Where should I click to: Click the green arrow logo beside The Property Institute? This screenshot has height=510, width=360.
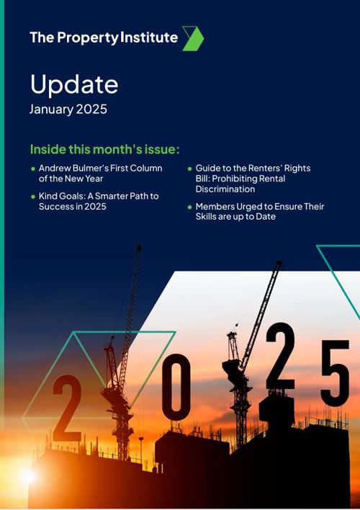(x=193, y=38)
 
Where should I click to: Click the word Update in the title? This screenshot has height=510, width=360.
(x=73, y=84)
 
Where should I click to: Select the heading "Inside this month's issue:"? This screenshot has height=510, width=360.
(x=104, y=149)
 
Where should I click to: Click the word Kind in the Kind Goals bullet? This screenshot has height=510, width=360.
(x=48, y=196)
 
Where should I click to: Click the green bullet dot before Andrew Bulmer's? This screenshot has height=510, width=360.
(x=32, y=169)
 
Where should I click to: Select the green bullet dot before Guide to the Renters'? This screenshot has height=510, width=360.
(x=189, y=169)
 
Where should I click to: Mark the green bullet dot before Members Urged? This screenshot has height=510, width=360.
(x=189, y=207)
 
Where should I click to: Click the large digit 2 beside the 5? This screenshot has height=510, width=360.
(x=280, y=358)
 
